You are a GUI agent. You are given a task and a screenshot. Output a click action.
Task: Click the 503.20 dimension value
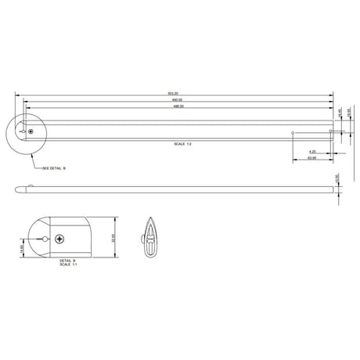tap(175, 94)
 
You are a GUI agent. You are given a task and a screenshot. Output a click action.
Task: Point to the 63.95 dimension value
tap(311, 158)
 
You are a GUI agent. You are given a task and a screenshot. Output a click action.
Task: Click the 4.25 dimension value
tap(312, 151)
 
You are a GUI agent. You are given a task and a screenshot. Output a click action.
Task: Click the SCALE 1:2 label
tap(185, 145)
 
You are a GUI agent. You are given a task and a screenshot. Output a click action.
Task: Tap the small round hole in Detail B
tap(46, 238)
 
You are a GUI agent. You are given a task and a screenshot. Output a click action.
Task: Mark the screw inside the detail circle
tap(31, 132)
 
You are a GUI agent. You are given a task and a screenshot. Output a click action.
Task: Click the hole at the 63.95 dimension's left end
tap(292, 132)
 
